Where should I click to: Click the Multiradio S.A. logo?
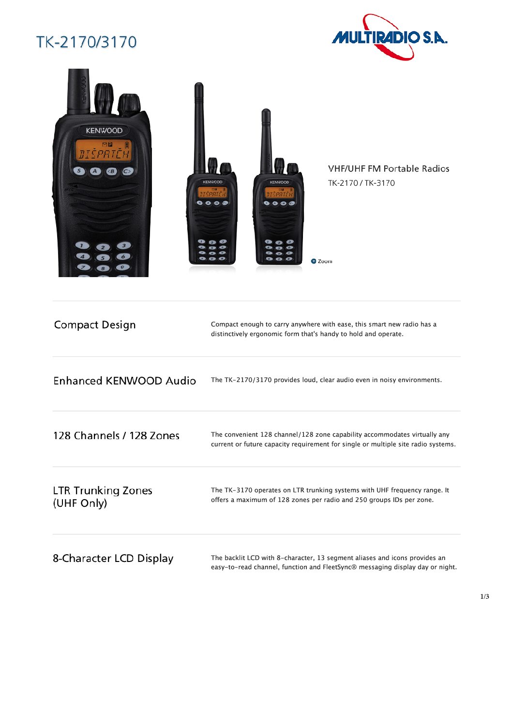(389, 37)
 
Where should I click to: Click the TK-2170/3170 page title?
(87, 42)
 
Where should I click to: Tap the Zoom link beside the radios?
(322, 261)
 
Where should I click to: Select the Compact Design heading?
(95, 325)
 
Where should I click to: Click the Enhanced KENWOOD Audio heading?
(125, 381)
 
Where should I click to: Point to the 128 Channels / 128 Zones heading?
(116, 436)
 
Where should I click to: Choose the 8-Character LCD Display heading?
(113, 559)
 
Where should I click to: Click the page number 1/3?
(484, 596)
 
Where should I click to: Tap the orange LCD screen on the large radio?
(104, 150)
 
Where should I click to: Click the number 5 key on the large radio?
(103, 257)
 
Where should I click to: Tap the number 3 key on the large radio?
(124, 246)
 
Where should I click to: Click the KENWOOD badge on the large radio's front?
(104, 131)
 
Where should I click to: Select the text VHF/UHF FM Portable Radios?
(389, 168)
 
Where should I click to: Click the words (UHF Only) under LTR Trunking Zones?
(80, 503)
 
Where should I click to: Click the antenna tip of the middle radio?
(199, 84)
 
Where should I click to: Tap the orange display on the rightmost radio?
(279, 192)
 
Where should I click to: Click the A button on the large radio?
(95, 171)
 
